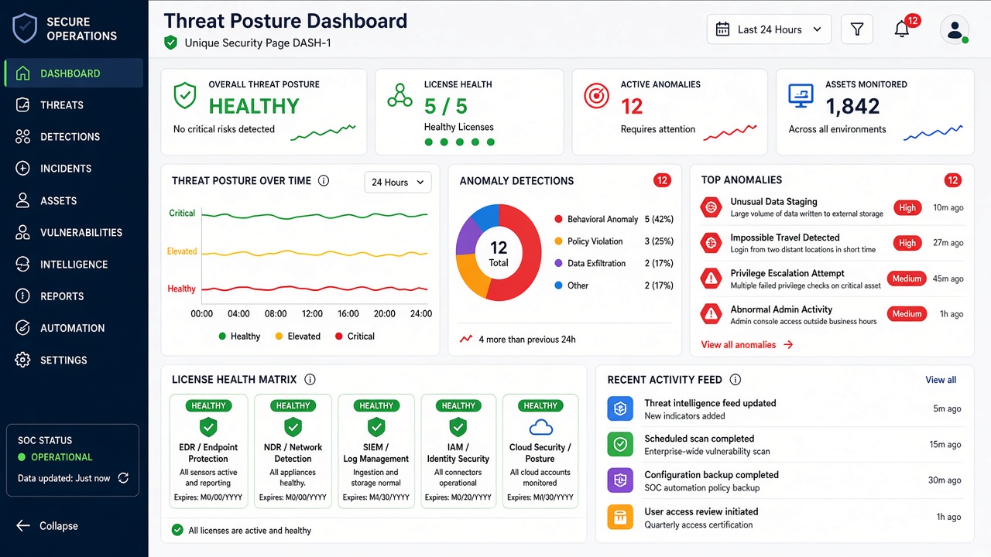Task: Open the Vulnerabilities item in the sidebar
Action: pyautogui.click(x=69, y=233)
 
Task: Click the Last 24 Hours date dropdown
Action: pyautogui.click(x=769, y=29)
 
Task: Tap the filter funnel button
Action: pyautogui.click(x=857, y=29)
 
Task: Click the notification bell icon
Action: pyautogui.click(x=902, y=29)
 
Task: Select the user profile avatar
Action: pyautogui.click(x=955, y=29)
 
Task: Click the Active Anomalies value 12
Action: pyautogui.click(x=631, y=107)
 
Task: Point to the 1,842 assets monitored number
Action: pyautogui.click(x=852, y=107)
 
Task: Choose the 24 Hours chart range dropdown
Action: pyautogui.click(x=398, y=182)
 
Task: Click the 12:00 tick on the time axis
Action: pyautogui.click(x=312, y=314)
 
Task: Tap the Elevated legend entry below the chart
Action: pyautogui.click(x=298, y=337)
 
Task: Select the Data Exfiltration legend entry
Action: pyautogui.click(x=590, y=264)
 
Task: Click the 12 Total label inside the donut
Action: pyautogui.click(x=499, y=254)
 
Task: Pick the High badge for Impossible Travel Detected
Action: pyautogui.click(x=907, y=243)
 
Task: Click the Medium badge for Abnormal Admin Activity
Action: pyautogui.click(x=907, y=314)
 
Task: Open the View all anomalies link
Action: pyautogui.click(x=747, y=345)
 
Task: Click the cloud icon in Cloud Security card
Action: pyautogui.click(x=540, y=428)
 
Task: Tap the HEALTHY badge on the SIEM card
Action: pyautogui.click(x=376, y=406)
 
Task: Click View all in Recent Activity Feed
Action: pyautogui.click(x=941, y=380)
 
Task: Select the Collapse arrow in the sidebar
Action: pyautogui.click(x=23, y=525)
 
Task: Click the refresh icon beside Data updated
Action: pyautogui.click(x=123, y=478)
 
